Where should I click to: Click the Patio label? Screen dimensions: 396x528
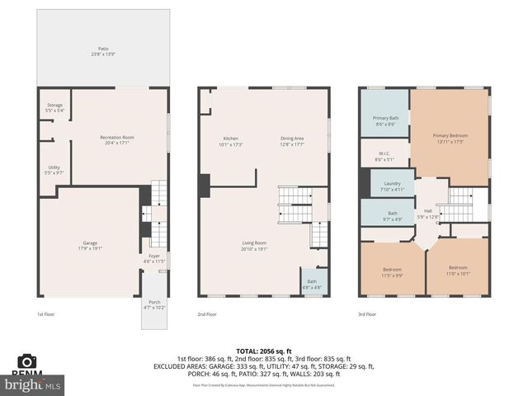[103, 51]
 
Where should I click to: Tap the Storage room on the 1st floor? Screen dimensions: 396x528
[54, 108]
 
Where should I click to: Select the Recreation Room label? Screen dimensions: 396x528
[116, 139]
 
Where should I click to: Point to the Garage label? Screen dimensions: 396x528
[90, 245]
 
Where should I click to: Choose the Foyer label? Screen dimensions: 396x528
[154, 258]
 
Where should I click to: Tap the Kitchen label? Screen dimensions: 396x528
[231, 140]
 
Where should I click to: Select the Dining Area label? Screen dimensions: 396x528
[292, 140]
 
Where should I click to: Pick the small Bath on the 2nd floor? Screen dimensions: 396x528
[312, 283]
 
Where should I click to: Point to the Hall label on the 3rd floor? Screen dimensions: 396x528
[427, 213]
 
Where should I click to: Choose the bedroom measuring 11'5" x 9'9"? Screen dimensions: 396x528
[392, 272]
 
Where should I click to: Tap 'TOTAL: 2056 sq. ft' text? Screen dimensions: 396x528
[260, 351]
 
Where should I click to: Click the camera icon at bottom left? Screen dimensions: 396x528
[27, 361]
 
